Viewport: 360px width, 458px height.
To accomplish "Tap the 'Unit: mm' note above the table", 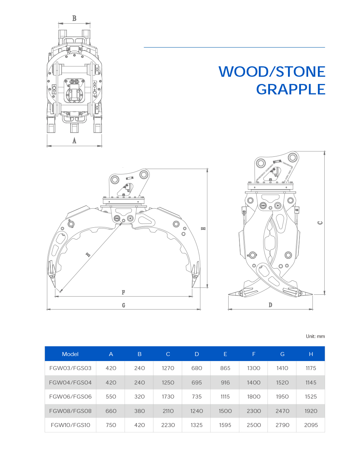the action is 315,336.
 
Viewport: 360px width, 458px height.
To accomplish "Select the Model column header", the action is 70,354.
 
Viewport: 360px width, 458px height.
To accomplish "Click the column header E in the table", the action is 225,354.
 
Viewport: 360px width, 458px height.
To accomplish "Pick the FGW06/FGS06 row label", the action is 71,396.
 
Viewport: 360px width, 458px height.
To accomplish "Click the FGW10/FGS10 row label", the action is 71,425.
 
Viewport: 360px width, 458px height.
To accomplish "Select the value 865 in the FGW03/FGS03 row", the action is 225,368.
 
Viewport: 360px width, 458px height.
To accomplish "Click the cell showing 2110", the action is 168,411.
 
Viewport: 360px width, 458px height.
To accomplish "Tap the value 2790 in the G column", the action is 282,425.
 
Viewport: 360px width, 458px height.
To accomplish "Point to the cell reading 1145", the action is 311,382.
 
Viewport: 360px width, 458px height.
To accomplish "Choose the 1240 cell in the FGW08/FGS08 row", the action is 197,411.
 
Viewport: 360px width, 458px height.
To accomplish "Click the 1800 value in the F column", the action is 254,396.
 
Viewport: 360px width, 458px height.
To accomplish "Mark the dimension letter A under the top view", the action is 74,141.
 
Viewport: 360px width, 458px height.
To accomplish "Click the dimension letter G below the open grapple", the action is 123,305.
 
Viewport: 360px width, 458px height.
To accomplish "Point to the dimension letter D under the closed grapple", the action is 270,305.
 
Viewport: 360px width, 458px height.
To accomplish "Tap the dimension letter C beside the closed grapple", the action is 320,223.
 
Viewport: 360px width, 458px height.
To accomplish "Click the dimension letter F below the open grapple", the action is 123,292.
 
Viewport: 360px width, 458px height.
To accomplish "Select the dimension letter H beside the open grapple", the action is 203,228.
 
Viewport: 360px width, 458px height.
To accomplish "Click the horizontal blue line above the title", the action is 234,47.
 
